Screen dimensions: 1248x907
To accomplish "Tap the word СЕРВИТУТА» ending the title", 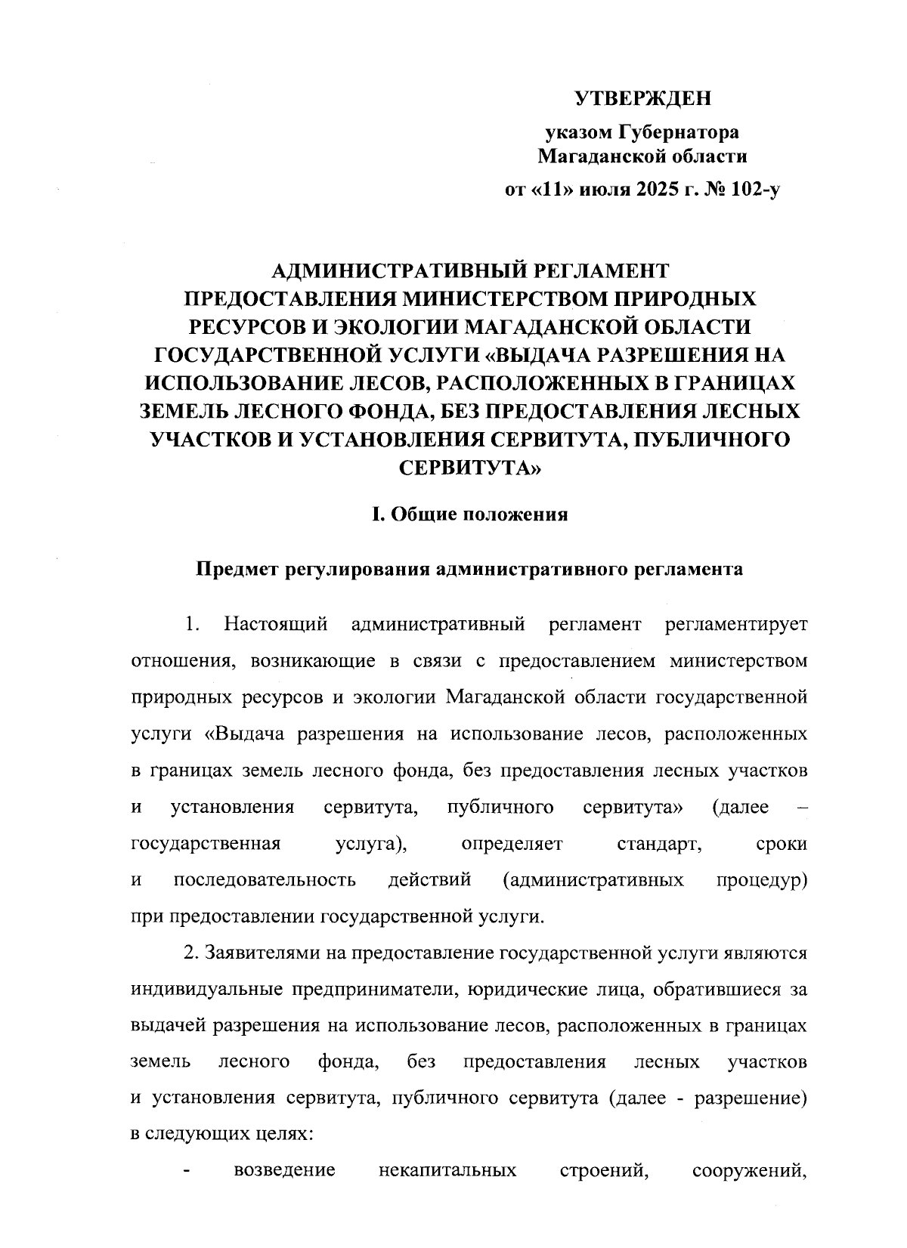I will (x=469, y=468).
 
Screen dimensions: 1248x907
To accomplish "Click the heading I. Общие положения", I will (x=469, y=515).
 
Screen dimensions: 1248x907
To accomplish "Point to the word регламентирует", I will (x=735, y=625).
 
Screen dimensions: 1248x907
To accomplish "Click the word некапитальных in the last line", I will (x=447, y=1172).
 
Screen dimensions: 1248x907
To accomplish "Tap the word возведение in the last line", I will (x=285, y=1172).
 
